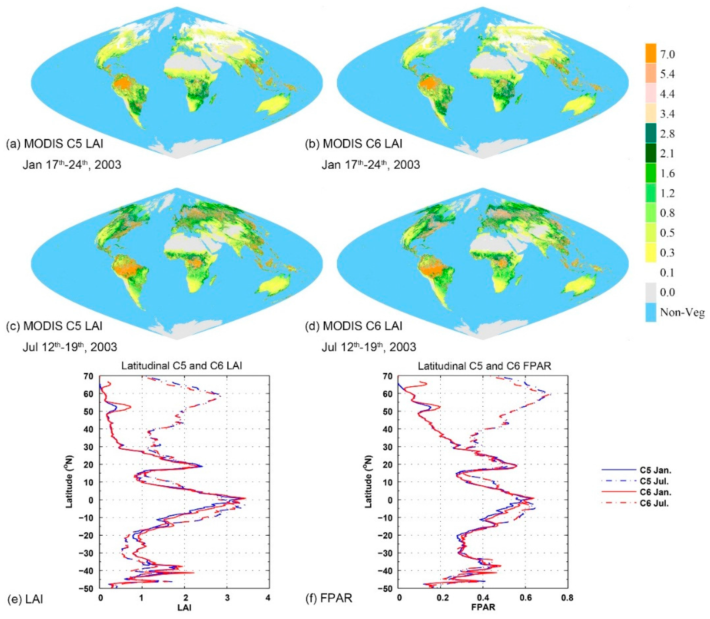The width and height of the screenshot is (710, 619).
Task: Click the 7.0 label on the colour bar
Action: pyautogui.click(x=667, y=54)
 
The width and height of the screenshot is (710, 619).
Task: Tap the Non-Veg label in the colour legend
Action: pyautogui.click(x=682, y=313)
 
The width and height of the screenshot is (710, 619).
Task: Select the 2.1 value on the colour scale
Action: pyautogui.click(x=667, y=153)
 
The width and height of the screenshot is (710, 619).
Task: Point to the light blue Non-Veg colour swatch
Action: pyautogui.click(x=651, y=313)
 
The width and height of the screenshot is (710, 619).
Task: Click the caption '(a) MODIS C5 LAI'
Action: pyautogui.click(x=55, y=143)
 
